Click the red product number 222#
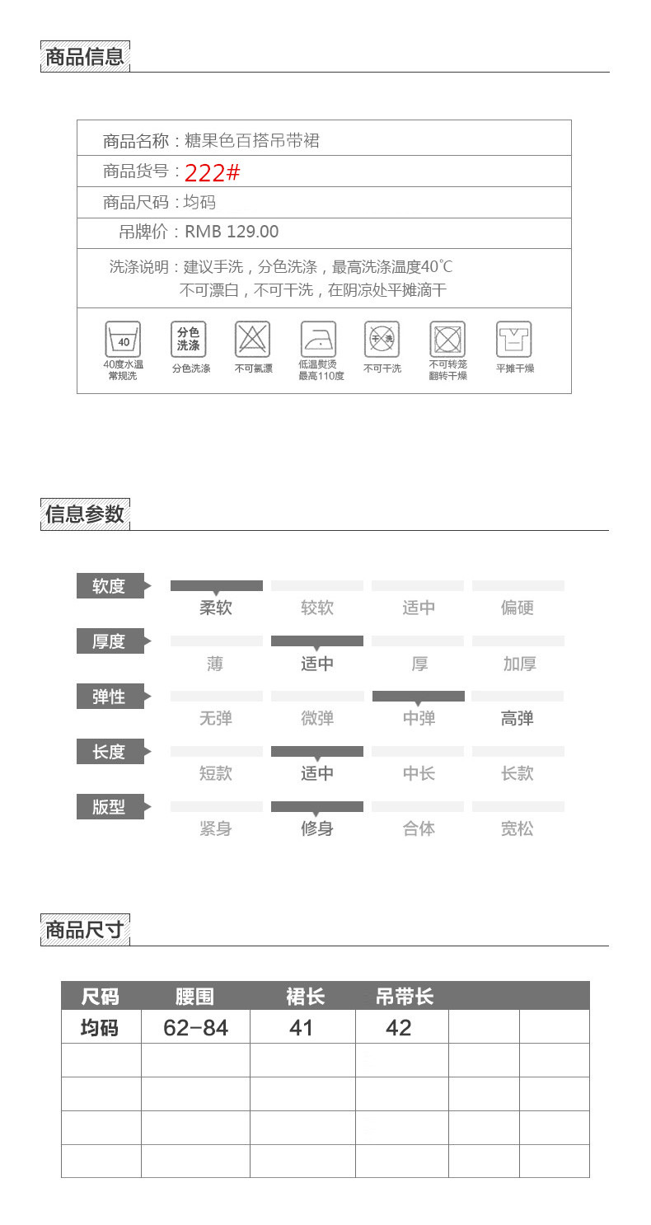pos(212,173)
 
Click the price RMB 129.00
pos(232,232)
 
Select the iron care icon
pos(318,339)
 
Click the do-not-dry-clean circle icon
pos(382,339)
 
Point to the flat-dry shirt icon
pos(513,339)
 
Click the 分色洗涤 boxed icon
pos(188,339)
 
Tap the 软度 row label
pos(110,586)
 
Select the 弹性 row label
pos(110,697)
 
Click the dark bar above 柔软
pos(216,585)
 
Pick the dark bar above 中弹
pos(419,696)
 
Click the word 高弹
pos(518,718)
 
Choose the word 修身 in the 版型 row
pos(317,828)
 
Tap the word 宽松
pos(518,828)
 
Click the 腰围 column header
pos(194,997)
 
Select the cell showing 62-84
pos(195,1028)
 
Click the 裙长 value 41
pos(302,1028)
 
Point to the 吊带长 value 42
pos(399,1028)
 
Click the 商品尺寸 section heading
pos(85,930)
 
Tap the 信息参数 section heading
pos(85,514)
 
